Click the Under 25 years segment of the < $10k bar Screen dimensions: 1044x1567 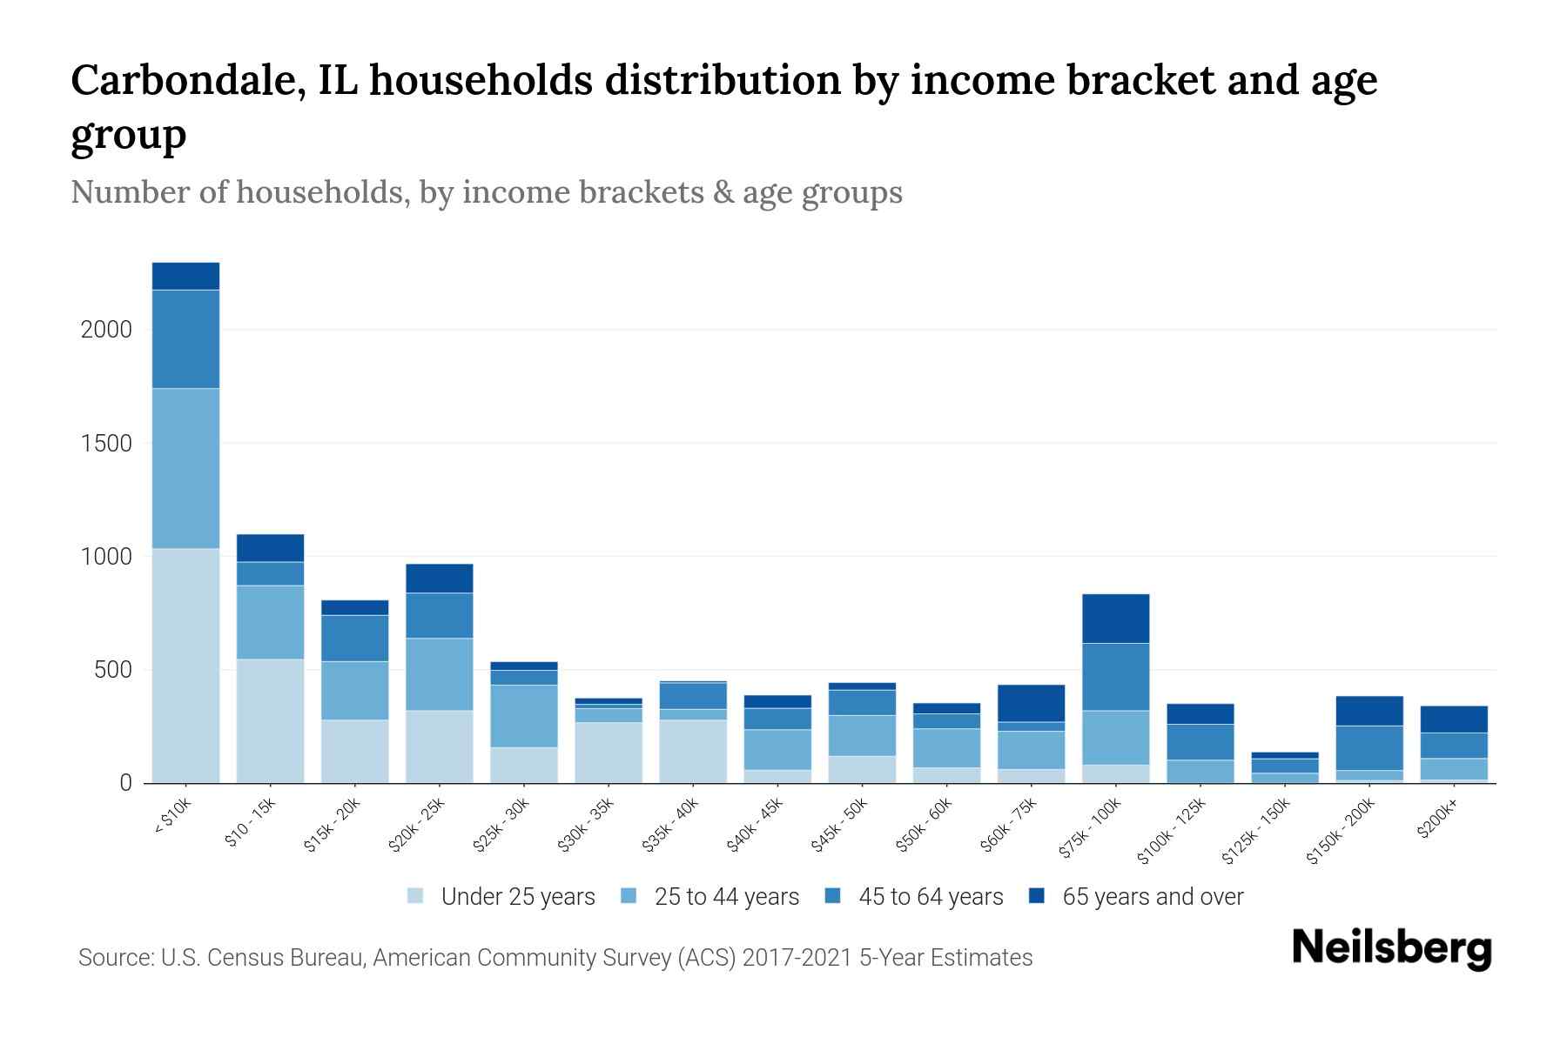tap(185, 666)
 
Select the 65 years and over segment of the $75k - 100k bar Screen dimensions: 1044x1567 tap(1115, 619)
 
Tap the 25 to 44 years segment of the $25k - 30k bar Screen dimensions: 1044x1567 tap(524, 716)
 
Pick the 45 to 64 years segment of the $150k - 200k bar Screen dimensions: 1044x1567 tap(1369, 748)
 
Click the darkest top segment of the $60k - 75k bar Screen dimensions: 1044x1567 tap(1031, 703)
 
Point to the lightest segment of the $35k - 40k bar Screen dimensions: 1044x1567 tap(693, 751)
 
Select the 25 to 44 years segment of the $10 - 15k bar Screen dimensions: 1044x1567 tap(270, 622)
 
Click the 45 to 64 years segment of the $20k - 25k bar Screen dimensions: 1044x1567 tap(440, 615)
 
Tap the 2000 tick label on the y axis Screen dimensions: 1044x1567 tap(106, 330)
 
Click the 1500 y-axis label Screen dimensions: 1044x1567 tap(106, 444)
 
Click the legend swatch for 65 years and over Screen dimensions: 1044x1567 tap(1037, 896)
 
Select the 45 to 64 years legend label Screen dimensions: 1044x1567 tap(931, 897)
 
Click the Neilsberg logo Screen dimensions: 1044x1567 tap(1391, 948)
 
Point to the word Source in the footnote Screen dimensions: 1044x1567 tap(115, 958)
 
